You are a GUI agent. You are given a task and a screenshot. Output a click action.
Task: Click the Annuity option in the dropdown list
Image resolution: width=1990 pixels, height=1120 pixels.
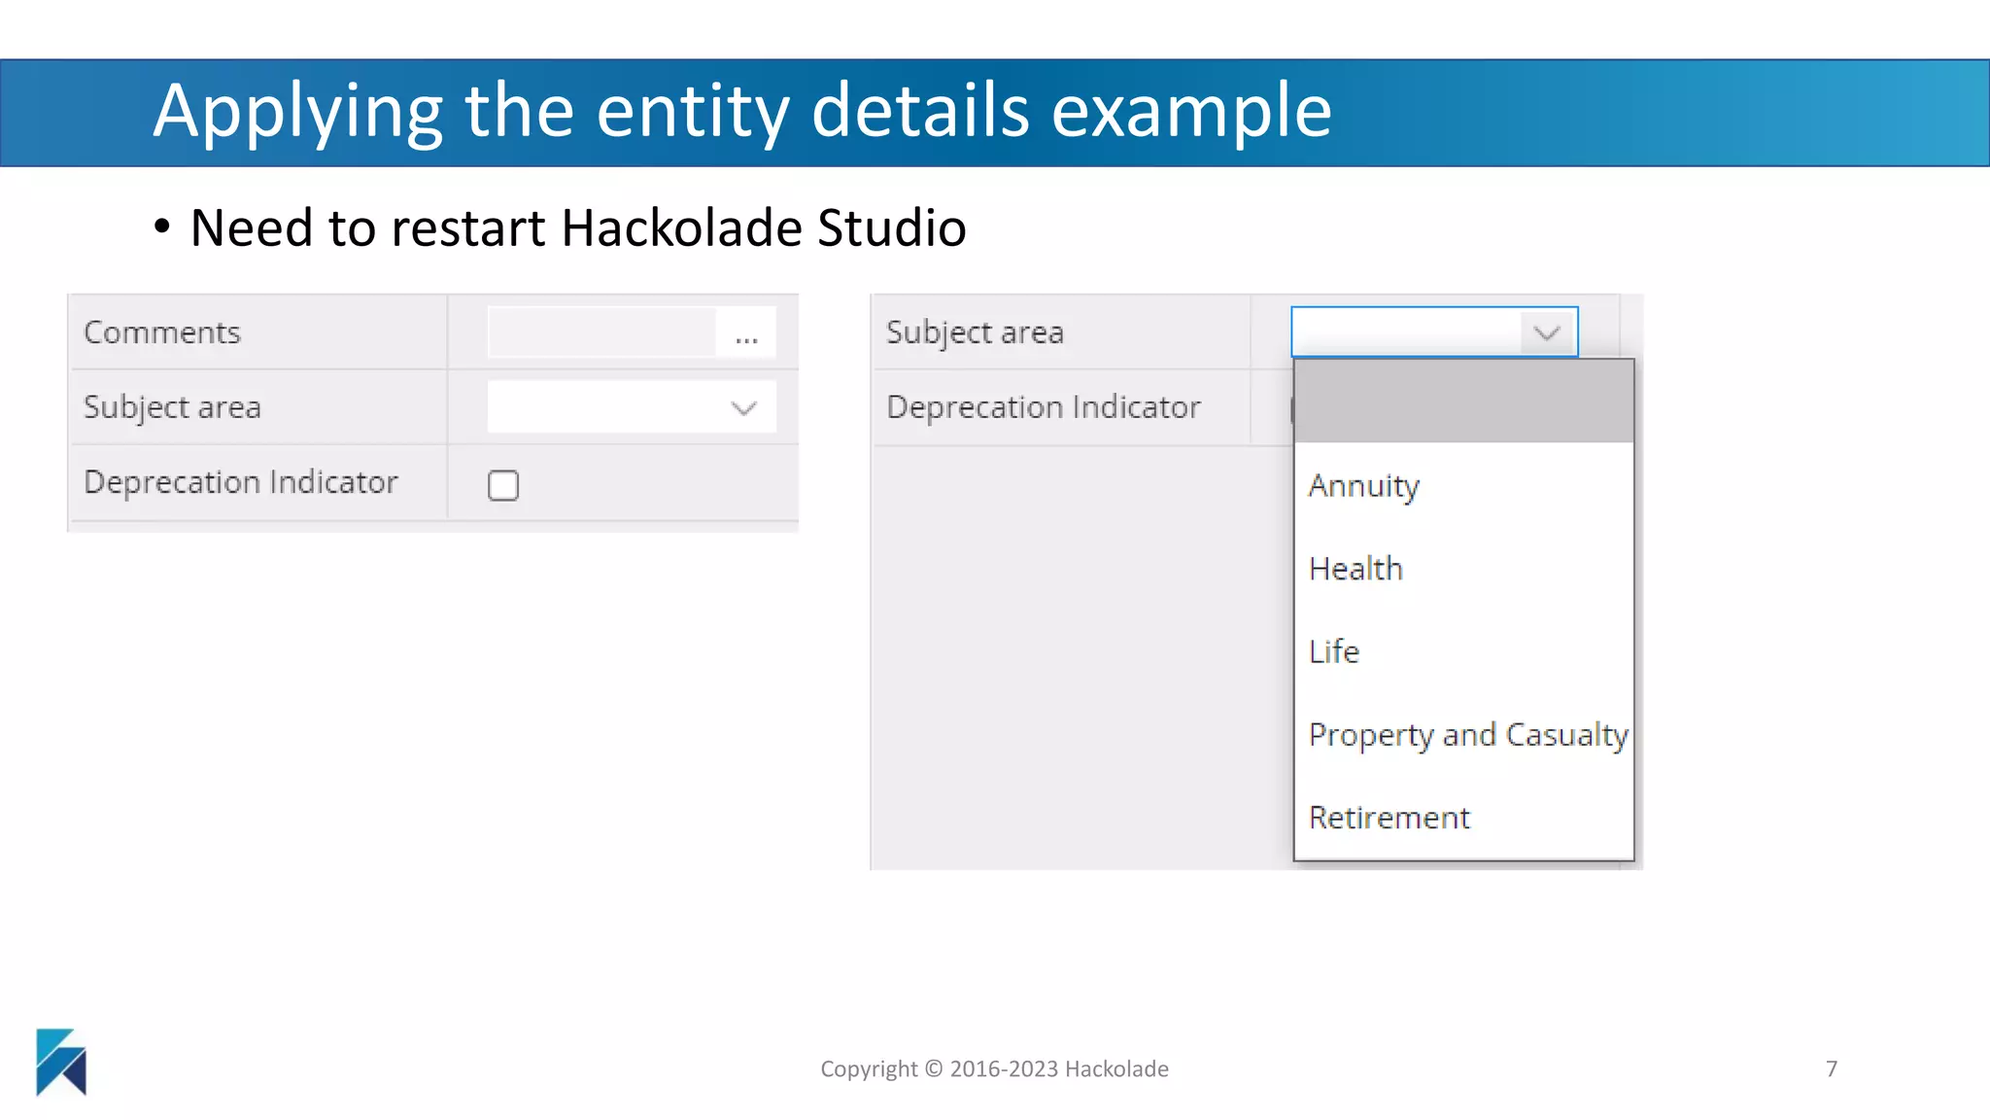tap(1363, 485)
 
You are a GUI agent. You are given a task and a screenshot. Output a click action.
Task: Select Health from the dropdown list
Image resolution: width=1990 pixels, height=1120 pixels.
tap(1355, 569)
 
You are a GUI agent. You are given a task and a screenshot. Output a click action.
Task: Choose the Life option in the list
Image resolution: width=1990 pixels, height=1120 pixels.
tap(1334, 651)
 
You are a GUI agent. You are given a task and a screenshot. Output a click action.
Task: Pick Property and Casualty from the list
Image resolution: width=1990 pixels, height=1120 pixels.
tap(1467, 735)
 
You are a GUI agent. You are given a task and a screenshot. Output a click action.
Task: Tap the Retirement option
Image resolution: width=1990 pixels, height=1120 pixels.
tap(1389, 818)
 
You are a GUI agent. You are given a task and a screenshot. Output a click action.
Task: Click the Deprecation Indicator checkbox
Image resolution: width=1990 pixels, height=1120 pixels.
tap(503, 485)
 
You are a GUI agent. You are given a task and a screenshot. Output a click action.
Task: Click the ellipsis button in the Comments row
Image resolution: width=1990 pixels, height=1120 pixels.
tap(746, 333)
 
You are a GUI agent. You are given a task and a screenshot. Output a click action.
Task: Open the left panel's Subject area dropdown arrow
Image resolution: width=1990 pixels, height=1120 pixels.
tap(744, 408)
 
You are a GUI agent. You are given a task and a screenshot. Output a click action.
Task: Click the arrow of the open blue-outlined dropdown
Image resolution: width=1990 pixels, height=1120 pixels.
tap(1547, 333)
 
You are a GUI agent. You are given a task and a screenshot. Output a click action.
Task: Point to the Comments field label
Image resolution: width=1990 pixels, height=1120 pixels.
tap(162, 332)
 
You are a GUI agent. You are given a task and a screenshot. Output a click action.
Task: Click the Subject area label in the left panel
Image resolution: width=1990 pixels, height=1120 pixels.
tap(172, 407)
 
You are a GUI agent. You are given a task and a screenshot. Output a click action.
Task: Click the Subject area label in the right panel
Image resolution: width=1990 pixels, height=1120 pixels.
tap(975, 332)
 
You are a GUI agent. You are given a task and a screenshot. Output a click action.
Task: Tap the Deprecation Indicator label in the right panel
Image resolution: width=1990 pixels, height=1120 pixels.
tap(1044, 407)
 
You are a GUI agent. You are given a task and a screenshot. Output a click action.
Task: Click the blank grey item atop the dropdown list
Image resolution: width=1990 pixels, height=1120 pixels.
tap(1463, 402)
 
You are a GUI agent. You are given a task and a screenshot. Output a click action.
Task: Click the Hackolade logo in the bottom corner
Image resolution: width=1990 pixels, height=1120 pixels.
tap(61, 1062)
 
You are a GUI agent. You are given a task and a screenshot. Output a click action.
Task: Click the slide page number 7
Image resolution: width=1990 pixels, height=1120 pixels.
tap(1832, 1069)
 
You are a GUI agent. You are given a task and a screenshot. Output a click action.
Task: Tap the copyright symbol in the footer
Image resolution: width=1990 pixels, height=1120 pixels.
tap(934, 1069)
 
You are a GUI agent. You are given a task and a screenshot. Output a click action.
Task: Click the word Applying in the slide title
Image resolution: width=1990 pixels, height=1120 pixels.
tap(297, 113)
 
